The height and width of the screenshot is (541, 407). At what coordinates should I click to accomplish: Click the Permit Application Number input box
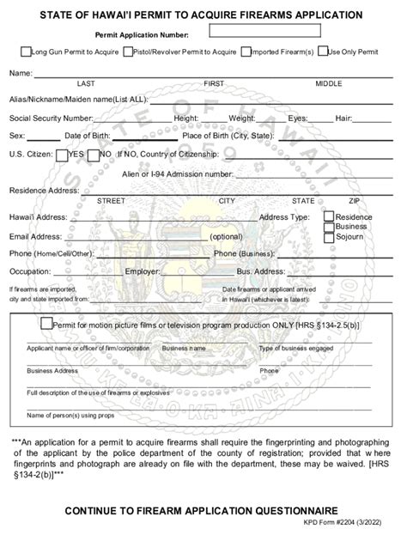point(264,32)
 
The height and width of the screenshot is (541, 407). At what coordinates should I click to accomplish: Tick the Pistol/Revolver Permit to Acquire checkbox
point(129,52)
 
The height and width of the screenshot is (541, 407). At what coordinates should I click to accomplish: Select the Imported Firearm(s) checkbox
point(246,52)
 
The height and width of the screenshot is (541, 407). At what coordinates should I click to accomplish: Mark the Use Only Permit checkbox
point(322,52)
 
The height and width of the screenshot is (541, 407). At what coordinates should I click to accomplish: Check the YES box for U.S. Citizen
point(62,155)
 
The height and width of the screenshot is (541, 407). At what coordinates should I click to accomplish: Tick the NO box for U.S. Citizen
point(93,155)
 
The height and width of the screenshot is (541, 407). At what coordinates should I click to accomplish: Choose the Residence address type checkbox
point(329,216)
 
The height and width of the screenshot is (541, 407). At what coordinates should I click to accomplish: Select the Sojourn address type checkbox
point(329,236)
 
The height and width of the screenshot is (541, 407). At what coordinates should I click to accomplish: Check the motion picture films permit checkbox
point(46,324)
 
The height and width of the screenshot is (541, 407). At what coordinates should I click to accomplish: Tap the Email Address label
point(35,236)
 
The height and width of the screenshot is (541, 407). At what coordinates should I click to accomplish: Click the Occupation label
point(30,271)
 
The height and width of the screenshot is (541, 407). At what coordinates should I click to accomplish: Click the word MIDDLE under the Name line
point(328,83)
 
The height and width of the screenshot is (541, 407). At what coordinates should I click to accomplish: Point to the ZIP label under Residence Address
point(354,200)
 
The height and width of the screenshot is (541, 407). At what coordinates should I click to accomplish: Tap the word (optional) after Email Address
point(226,236)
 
